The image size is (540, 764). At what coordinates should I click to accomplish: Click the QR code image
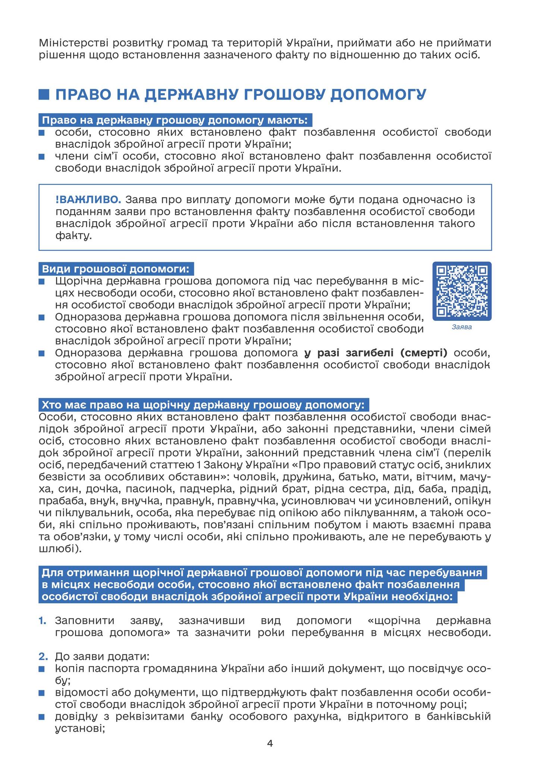[462, 291]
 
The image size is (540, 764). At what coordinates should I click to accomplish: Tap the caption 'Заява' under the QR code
[462, 328]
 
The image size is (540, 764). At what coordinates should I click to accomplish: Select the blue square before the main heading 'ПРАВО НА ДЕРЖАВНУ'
[44, 94]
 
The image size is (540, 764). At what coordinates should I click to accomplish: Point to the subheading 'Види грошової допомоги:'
[116, 269]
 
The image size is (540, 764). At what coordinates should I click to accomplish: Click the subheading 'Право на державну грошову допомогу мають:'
[175, 121]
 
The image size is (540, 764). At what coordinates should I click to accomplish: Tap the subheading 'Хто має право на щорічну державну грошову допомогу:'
[203, 405]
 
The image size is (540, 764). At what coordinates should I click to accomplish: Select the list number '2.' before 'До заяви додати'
[43, 656]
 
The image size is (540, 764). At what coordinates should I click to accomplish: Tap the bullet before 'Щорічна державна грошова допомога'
[41, 282]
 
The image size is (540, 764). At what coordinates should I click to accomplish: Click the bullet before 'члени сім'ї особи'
[41, 157]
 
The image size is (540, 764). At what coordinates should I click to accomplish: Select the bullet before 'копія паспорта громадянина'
[41, 668]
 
